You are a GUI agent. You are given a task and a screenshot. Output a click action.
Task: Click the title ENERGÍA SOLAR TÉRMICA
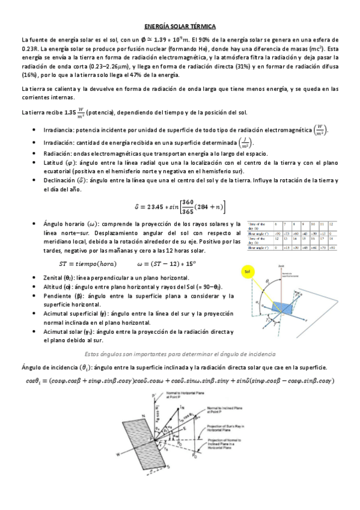pyautogui.click(x=180, y=26)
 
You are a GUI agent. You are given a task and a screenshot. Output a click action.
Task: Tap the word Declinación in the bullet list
pyautogui.click(x=60, y=180)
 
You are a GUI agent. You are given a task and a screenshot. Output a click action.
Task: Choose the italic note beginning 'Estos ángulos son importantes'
pyautogui.click(x=180, y=353)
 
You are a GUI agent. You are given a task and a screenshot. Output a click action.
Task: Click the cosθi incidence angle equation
pyautogui.click(x=180, y=380)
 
